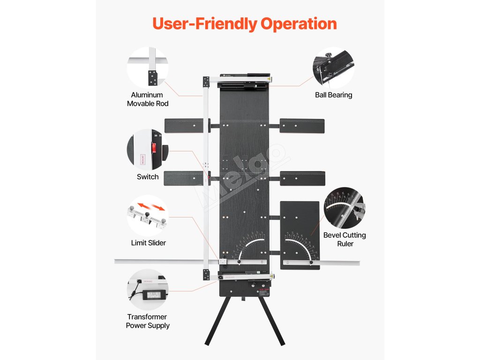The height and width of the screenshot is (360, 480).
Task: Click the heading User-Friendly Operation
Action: [244, 24]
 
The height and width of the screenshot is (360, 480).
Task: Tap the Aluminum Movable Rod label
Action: [147, 99]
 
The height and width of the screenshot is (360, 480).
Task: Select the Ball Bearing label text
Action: [333, 95]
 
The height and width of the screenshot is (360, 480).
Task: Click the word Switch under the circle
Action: [148, 177]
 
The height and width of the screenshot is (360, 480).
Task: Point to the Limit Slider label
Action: [148, 243]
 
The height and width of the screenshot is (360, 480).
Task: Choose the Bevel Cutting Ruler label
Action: [345, 239]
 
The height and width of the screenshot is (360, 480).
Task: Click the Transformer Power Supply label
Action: [148, 321]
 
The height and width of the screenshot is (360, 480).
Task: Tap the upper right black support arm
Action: [302, 126]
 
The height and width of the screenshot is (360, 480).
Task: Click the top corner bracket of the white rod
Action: [206, 82]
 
